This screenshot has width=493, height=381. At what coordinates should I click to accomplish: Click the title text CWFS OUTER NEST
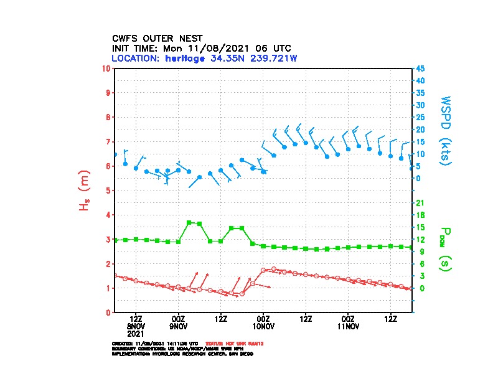point(157,38)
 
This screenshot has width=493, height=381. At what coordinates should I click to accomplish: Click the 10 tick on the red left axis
point(106,68)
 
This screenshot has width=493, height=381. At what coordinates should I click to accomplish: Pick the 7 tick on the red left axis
point(108,141)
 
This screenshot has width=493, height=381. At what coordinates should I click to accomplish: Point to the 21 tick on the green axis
point(420,203)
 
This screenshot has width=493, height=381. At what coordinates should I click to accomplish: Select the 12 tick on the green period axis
point(420,240)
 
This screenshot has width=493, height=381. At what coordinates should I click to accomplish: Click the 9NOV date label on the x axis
point(179,326)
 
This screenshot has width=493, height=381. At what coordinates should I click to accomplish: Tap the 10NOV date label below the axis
point(263,326)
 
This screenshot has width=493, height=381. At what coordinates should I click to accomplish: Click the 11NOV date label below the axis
point(348,326)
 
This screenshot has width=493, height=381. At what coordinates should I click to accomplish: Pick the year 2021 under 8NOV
point(136,333)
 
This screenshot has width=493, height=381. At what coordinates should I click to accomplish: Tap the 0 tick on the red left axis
point(108,313)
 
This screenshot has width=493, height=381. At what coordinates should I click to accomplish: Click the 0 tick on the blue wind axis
point(418,178)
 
